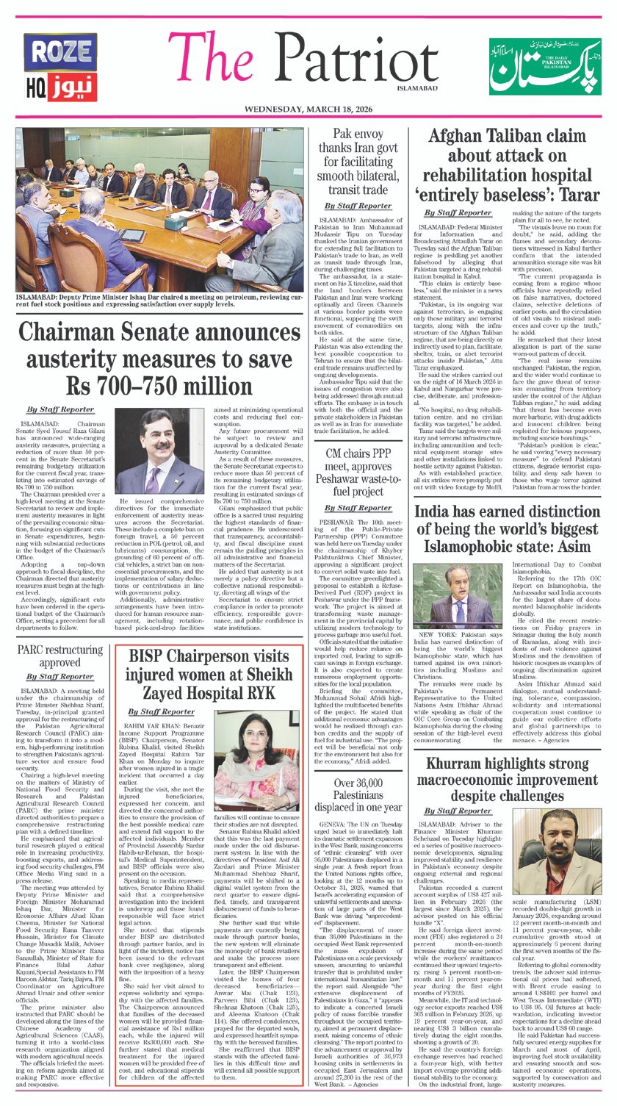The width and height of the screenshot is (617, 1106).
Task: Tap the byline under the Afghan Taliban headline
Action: coord(458,212)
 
